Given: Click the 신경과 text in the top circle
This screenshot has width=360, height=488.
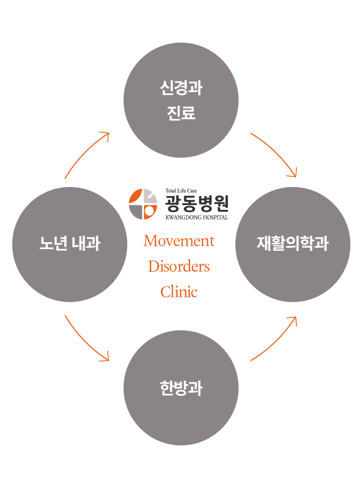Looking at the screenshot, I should [x=181, y=88].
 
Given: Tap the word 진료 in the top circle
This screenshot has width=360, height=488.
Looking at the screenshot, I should [x=181, y=113].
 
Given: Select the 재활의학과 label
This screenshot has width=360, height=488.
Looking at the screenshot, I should [x=292, y=244].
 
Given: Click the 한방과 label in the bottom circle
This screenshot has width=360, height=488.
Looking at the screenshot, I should [x=181, y=388].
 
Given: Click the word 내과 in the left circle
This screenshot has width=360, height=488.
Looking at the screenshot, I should [x=85, y=244].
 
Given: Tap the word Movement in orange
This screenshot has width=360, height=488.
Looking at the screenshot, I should [x=179, y=241].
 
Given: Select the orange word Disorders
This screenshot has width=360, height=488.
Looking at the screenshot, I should [x=179, y=266].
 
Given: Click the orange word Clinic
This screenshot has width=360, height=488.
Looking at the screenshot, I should [x=179, y=292].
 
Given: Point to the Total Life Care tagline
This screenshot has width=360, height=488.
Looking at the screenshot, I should [x=181, y=191].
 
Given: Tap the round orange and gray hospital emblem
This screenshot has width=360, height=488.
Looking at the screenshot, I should [x=143, y=204].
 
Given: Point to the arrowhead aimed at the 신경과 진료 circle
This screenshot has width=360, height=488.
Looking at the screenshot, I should [x=106, y=135].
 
